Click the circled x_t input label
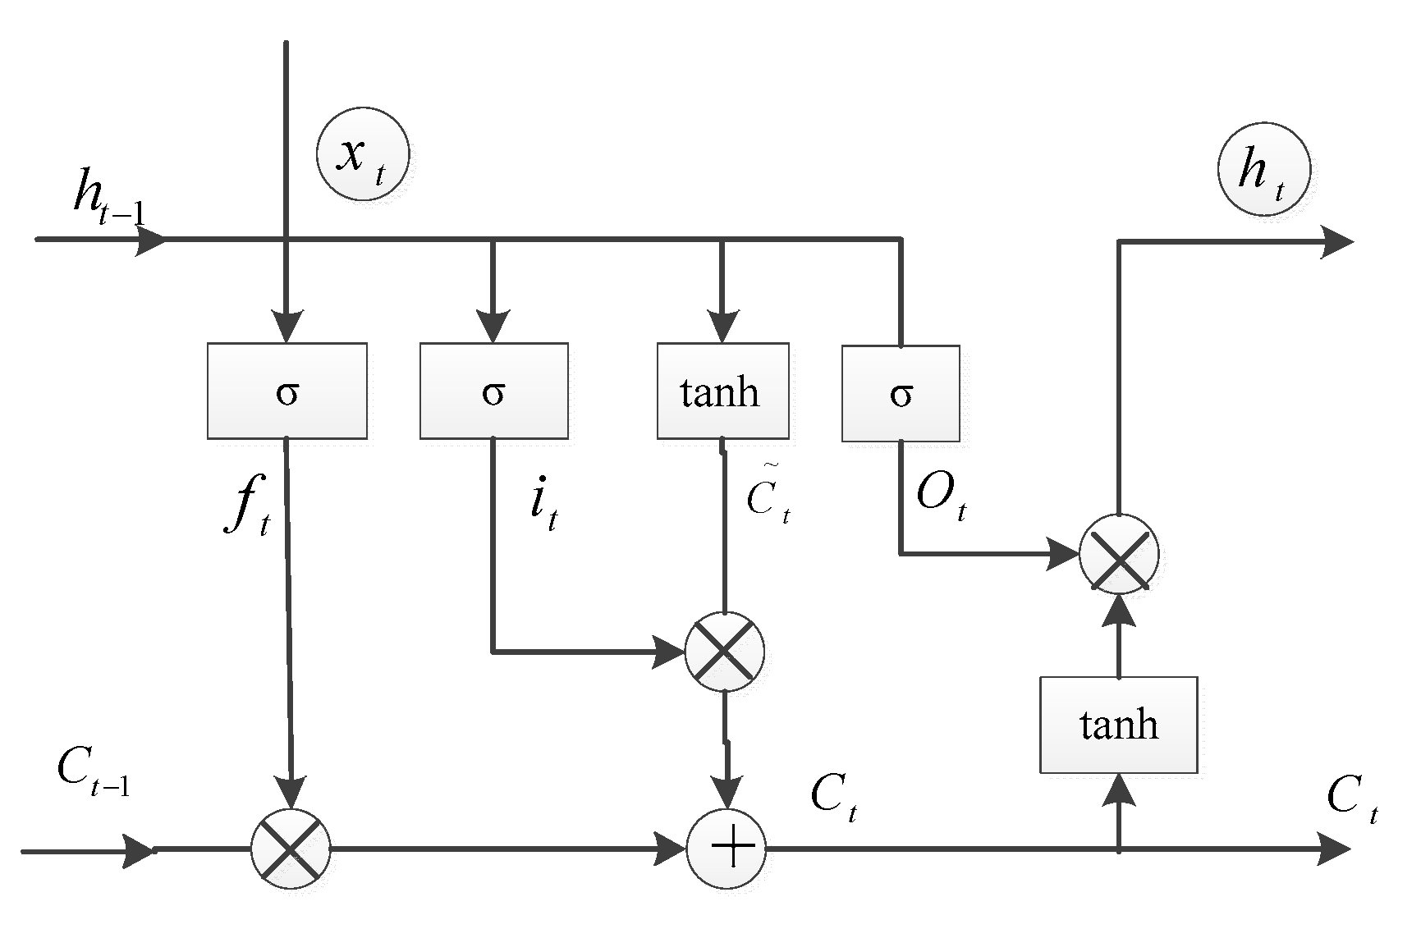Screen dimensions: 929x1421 click(x=362, y=156)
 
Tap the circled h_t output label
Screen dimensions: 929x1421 click(x=1263, y=170)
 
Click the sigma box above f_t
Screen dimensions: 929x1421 click(x=286, y=391)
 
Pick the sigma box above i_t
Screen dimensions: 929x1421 click(x=493, y=391)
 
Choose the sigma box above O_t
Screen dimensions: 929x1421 click(x=901, y=393)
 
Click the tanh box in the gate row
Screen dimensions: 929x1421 click(x=722, y=391)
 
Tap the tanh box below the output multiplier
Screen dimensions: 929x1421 click(x=1118, y=725)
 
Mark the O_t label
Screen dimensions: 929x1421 click(x=941, y=496)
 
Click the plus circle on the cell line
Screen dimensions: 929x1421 click(x=726, y=849)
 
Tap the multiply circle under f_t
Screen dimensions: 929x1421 click(x=290, y=849)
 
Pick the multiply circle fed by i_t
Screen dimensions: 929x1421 click(x=724, y=652)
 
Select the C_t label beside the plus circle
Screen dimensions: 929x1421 click(x=834, y=796)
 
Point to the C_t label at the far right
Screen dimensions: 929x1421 click(x=1351, y=797)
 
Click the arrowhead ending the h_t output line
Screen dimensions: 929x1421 click(x=1336, y=241)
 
